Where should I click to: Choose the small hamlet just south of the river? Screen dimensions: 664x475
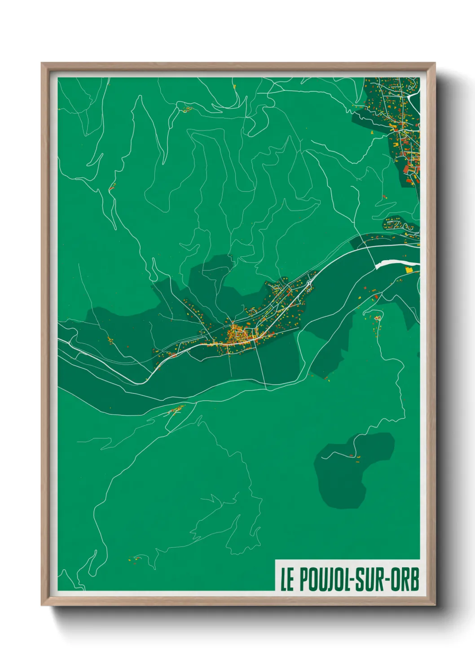[x=176, y=409]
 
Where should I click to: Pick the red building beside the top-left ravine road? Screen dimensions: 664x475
[x=111, y=187]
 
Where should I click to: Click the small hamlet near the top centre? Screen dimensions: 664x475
[x=186, y=109]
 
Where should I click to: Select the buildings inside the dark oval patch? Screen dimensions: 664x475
[x=354, y=457]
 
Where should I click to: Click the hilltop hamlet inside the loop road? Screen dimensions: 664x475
[x=378, y=318]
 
